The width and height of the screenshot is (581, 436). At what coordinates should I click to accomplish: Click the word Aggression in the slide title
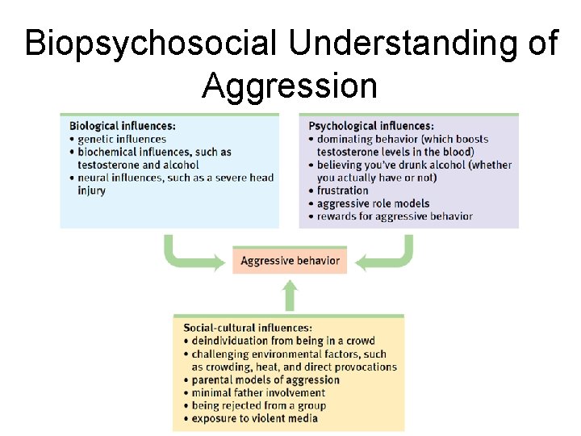pos(290,84)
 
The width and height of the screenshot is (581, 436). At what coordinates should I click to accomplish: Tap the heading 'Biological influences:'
pos(123,126)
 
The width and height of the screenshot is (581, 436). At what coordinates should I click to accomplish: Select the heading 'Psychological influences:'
pos(371,126)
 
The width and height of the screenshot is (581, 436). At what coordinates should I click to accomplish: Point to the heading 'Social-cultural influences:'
pos(248,328)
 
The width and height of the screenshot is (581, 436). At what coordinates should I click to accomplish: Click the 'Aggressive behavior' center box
pos(290,261)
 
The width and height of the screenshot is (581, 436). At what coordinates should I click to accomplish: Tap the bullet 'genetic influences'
pos(122,139)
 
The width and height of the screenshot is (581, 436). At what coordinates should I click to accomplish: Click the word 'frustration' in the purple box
pos(343,191)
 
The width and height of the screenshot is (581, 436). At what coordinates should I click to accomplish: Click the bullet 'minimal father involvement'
pos(258,392)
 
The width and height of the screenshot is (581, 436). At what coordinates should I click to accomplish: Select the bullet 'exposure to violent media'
pos(254,418)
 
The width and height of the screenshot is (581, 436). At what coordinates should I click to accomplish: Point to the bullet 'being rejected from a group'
pos(258,405)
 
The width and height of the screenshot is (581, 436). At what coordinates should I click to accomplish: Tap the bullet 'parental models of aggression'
pos(265,379)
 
